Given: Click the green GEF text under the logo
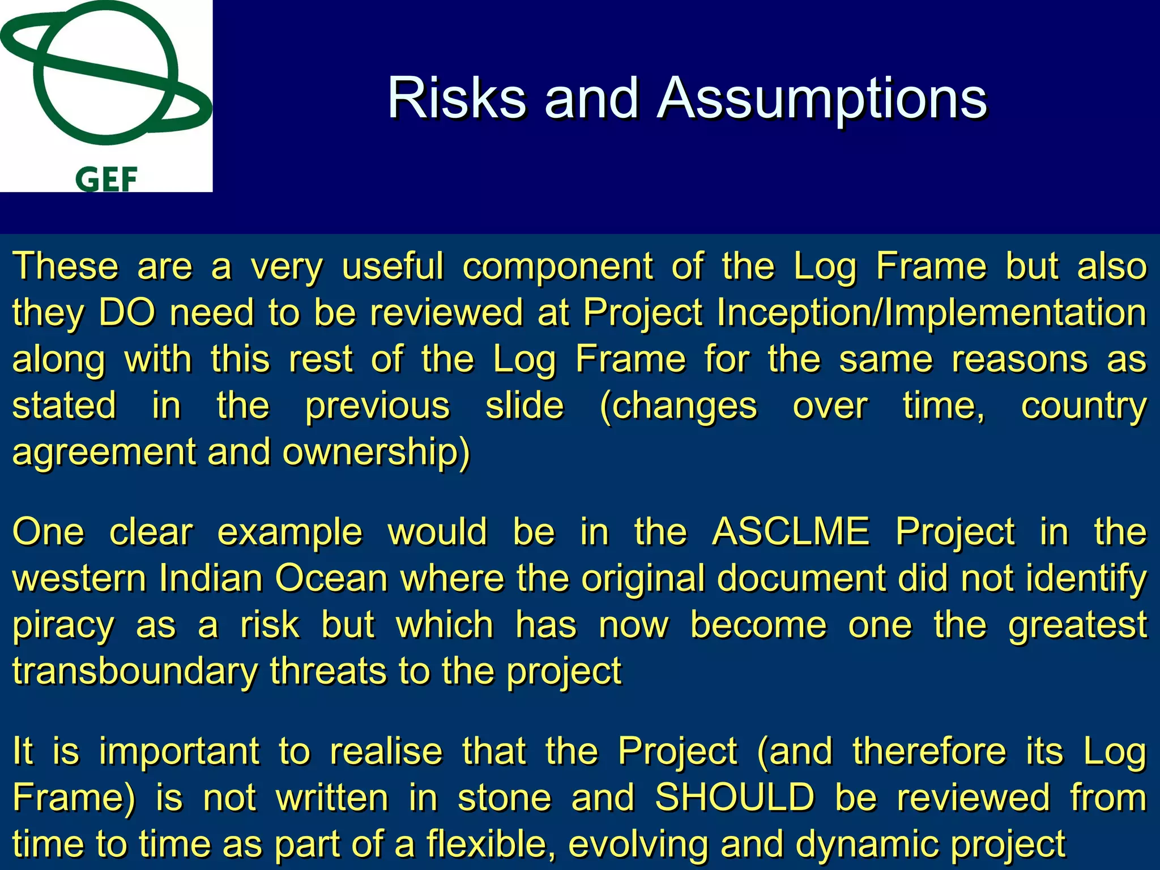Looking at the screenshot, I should [106, 180].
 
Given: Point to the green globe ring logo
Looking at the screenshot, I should [106, 74].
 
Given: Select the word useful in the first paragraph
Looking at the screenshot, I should [393, 266].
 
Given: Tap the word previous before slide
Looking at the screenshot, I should [378, 406].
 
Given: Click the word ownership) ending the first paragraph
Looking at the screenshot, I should [376, 452].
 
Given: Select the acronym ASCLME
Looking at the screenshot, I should [790, 532].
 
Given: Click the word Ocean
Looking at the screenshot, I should [331, 578].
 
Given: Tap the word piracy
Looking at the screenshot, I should [63, 625].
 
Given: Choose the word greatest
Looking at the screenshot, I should [1077, 625].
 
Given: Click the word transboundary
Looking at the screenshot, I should [135, 671].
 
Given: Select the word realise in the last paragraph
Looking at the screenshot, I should [386, 751].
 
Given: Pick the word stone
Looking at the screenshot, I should [504, 797].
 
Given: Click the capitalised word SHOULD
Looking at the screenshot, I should [735, 797].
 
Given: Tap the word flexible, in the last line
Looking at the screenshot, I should [491, 844].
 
